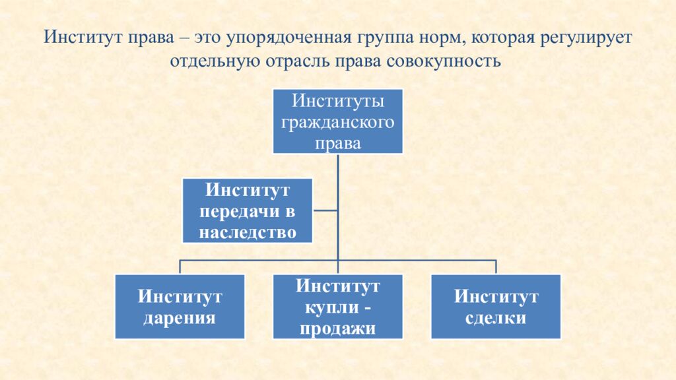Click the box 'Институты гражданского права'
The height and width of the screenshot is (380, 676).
[x=337, y=122]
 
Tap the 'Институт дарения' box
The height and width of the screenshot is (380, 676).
[x=180, y=307]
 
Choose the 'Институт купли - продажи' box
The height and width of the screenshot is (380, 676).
[x=337, y=307]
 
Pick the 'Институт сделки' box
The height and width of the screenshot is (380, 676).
[x=496, y=307]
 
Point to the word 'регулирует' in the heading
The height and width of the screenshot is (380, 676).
[x=586, y=38]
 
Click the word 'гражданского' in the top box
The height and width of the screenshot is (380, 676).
[x=337, y=123]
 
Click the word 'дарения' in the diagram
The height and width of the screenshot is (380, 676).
[x=180, y=318]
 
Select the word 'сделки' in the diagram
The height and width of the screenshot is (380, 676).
[x=496, y=318]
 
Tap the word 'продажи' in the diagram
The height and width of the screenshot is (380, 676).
[x=337, y=329]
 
